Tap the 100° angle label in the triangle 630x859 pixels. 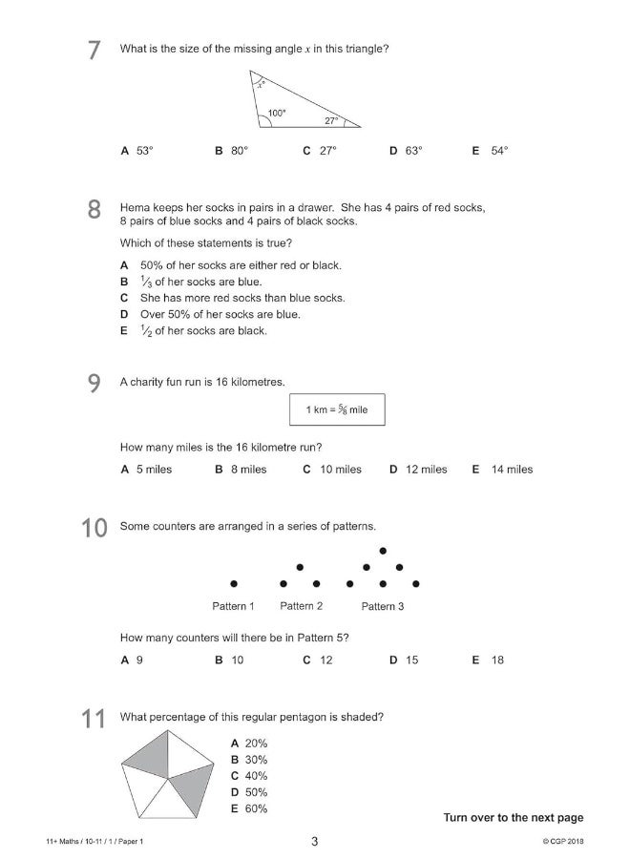pos(276,113)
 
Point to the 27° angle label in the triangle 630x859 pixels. pos(331,121)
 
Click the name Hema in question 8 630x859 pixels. pos(134,207)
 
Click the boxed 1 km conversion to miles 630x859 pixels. pos(337,409)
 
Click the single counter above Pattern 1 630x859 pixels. pos(233,583)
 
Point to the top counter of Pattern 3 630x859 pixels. pos(383,551)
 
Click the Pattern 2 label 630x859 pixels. pos(301,606)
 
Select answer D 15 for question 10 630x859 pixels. pos(404,660)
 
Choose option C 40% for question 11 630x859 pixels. pos(249,776)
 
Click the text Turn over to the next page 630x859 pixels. pos(513,817)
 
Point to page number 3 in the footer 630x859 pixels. pos(314,841)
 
